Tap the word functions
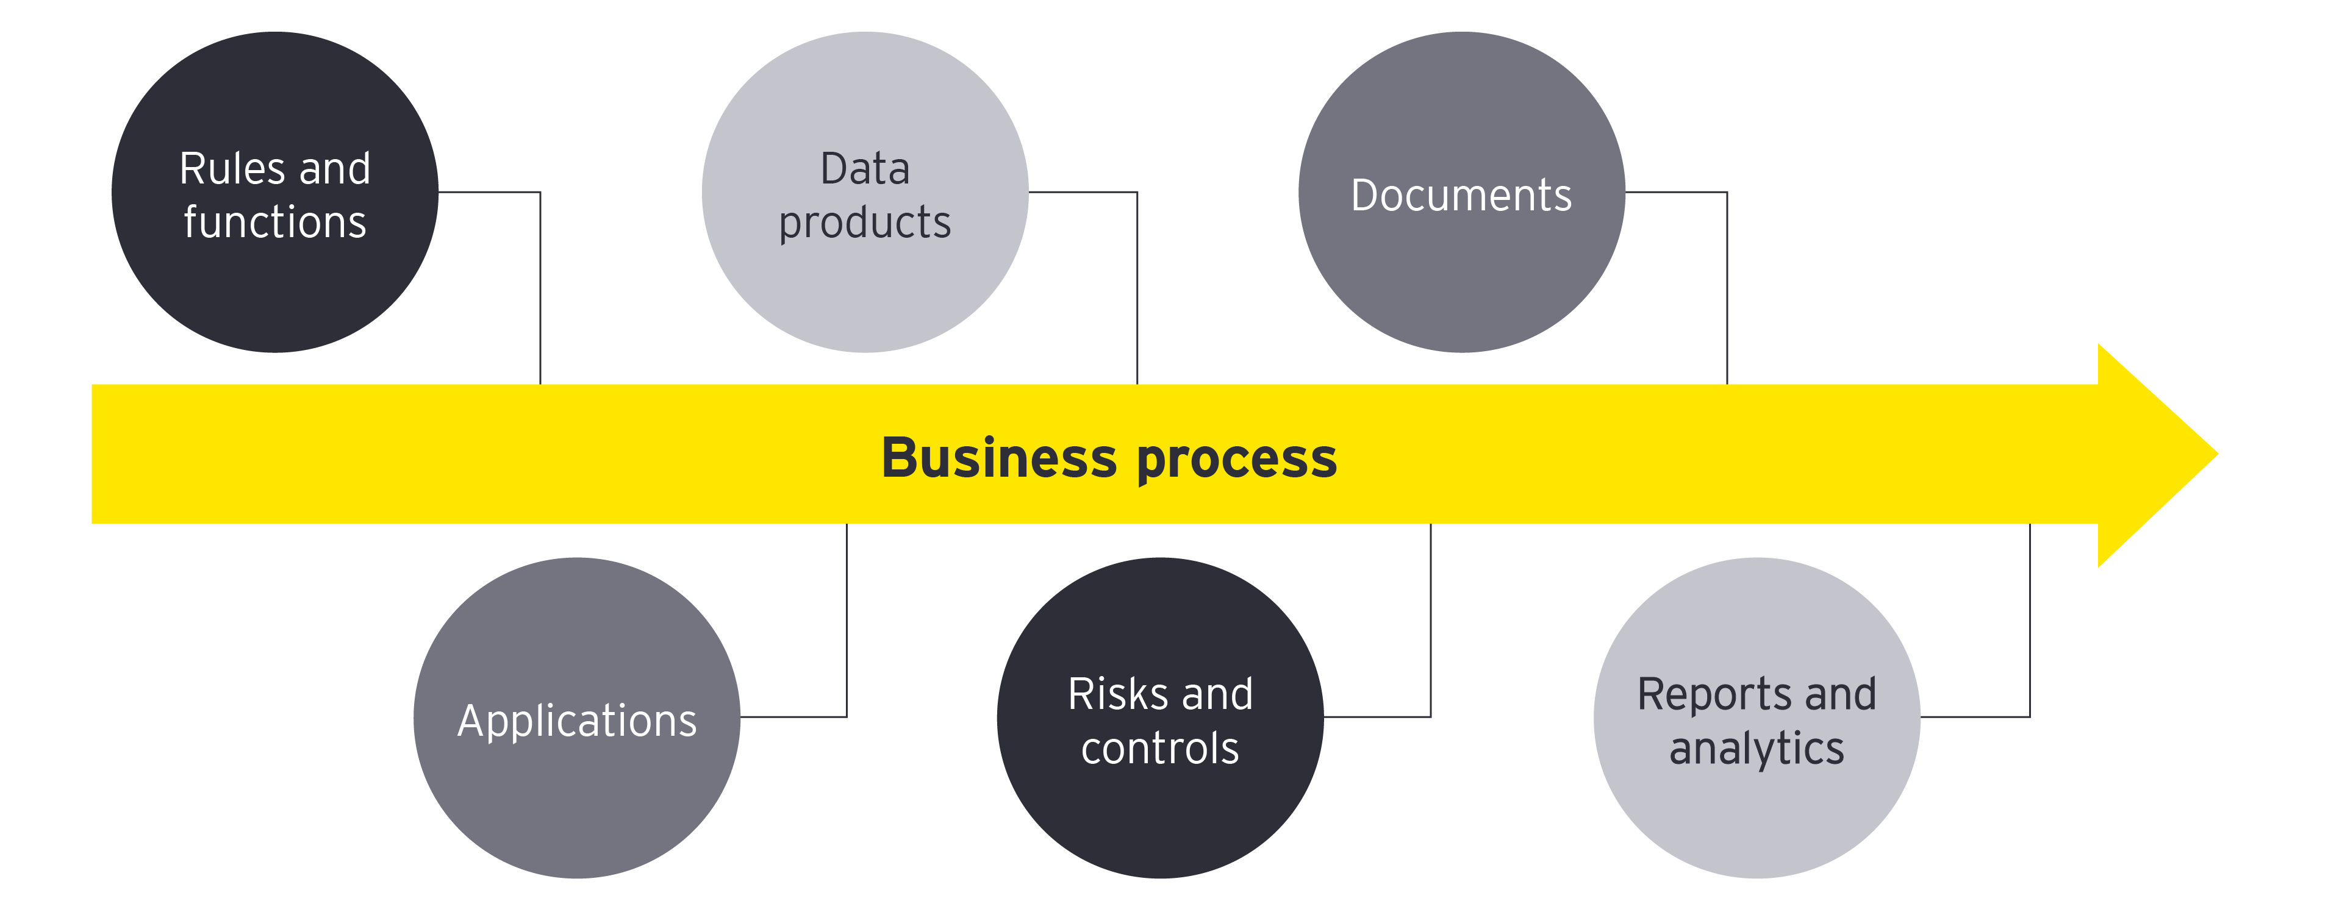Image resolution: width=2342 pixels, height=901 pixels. (274, 223)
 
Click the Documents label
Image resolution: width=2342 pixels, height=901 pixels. (1461, 196)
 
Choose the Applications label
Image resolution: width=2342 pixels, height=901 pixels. (576, 721)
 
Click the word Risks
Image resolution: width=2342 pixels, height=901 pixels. (1117, 694)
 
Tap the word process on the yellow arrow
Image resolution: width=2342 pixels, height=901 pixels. (1236, 459)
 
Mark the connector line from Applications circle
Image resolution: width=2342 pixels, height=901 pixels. (847, 627)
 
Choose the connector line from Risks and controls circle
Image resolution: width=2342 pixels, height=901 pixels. (1430, 627)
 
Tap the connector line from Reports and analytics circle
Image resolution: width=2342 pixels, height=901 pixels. (2029, 627)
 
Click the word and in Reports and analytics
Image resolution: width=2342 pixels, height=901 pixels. (1840, 694)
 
